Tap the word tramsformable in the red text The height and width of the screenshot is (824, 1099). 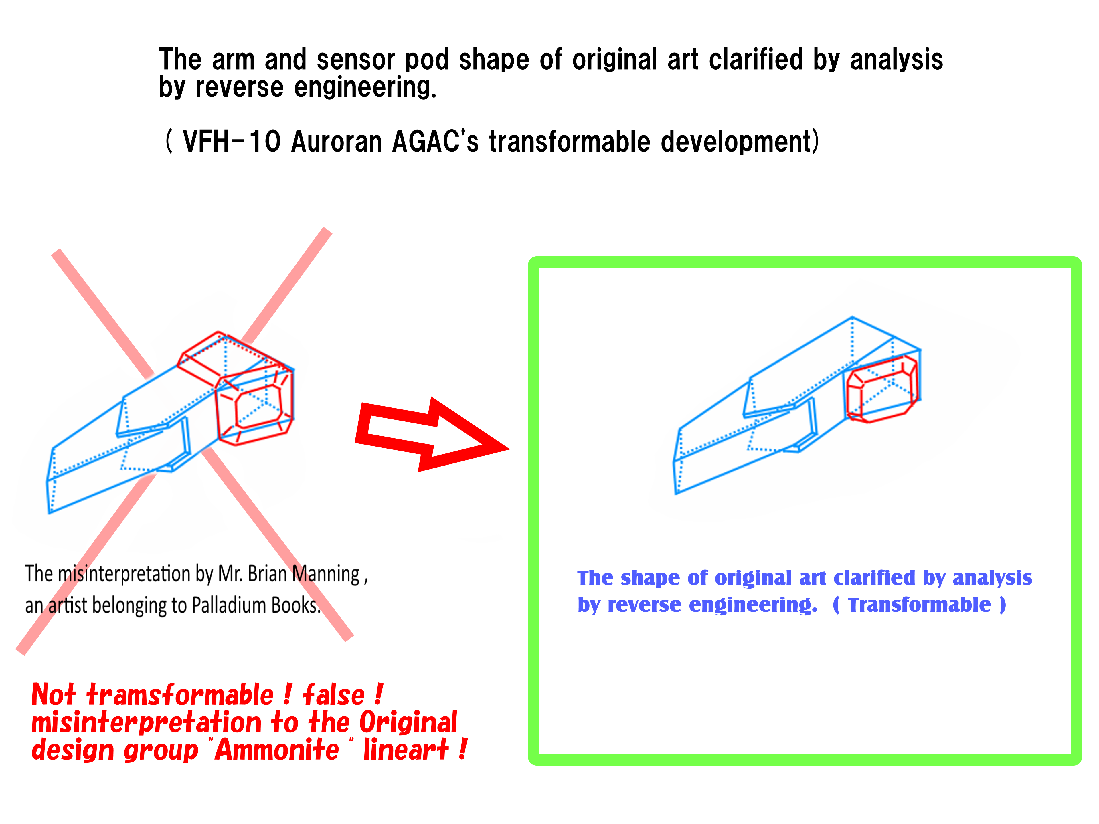(180, 694)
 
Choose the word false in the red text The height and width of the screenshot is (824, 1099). (334, 694)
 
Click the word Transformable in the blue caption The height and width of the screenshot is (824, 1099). (919, 605)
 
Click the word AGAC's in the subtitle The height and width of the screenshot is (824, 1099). (435, 142)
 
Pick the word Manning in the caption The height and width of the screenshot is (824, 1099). (325, 575)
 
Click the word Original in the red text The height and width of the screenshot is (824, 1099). (408, 723)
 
